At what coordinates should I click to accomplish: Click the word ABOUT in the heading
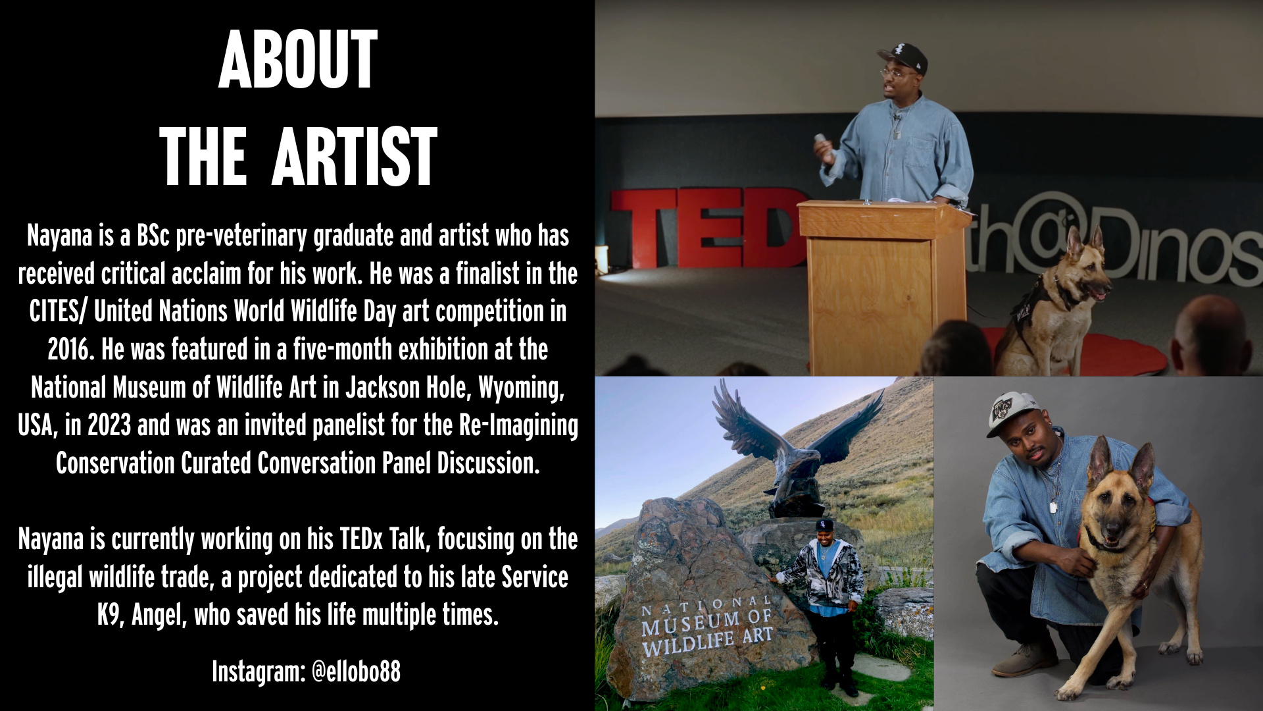click(x=298, y=60)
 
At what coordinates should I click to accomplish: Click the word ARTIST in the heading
click(x=355, y=157)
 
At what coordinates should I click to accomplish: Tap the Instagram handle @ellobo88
click(x=356, y=671)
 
